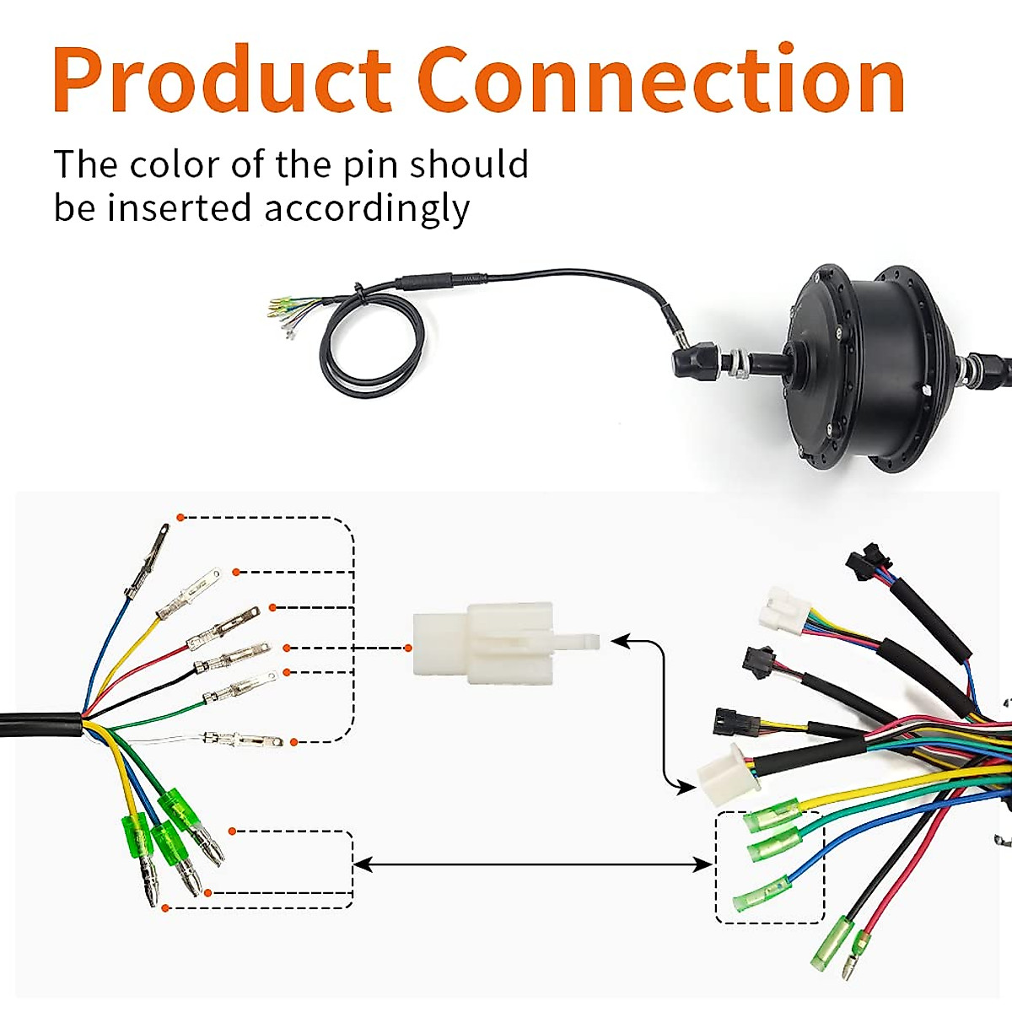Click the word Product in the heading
point(222,78)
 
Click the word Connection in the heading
point(661,78)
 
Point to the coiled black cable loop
point(371,345)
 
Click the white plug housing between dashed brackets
point(505,643)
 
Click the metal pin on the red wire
point(223,627)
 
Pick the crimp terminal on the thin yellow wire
point(188,594)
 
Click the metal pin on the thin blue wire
point(147,561)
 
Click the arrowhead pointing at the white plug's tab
point(621,641)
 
